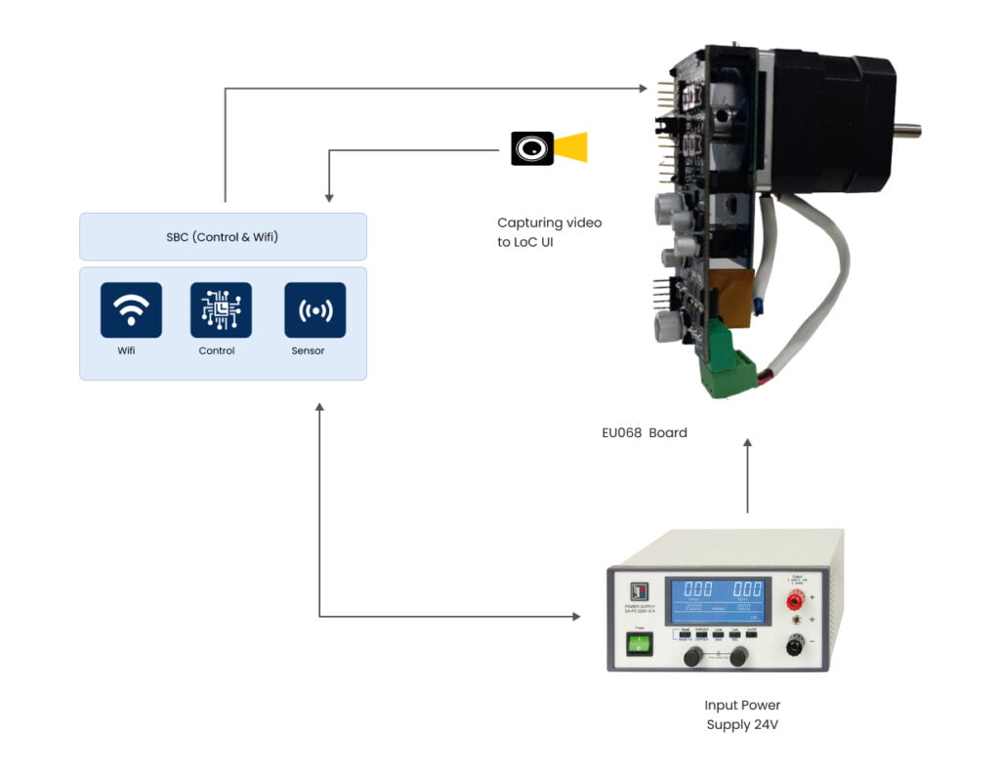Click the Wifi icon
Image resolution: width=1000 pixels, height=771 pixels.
[x=131, y=310]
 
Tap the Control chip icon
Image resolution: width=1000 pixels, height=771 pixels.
[x=221, y=310]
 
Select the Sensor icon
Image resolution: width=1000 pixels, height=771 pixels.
[x=314, y=310]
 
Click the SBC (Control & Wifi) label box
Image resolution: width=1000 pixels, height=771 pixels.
[x=223, y=237]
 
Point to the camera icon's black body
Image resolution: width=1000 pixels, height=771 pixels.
[x=532, y=148]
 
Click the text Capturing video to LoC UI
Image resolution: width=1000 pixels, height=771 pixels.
[x=549, y=232]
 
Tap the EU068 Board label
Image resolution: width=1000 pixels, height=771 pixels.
[x=644, y=432]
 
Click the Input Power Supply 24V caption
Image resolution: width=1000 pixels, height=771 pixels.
[x=742, y=714]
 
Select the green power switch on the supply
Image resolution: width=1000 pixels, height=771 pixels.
[x=639, y=644]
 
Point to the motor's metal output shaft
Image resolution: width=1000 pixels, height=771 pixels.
[x=908, y=128]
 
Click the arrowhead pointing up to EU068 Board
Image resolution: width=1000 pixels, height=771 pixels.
[x=747, y=444]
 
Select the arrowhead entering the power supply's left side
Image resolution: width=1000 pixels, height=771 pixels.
[x=575, y=617]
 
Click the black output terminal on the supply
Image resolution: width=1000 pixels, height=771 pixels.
[x=803, y=645]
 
